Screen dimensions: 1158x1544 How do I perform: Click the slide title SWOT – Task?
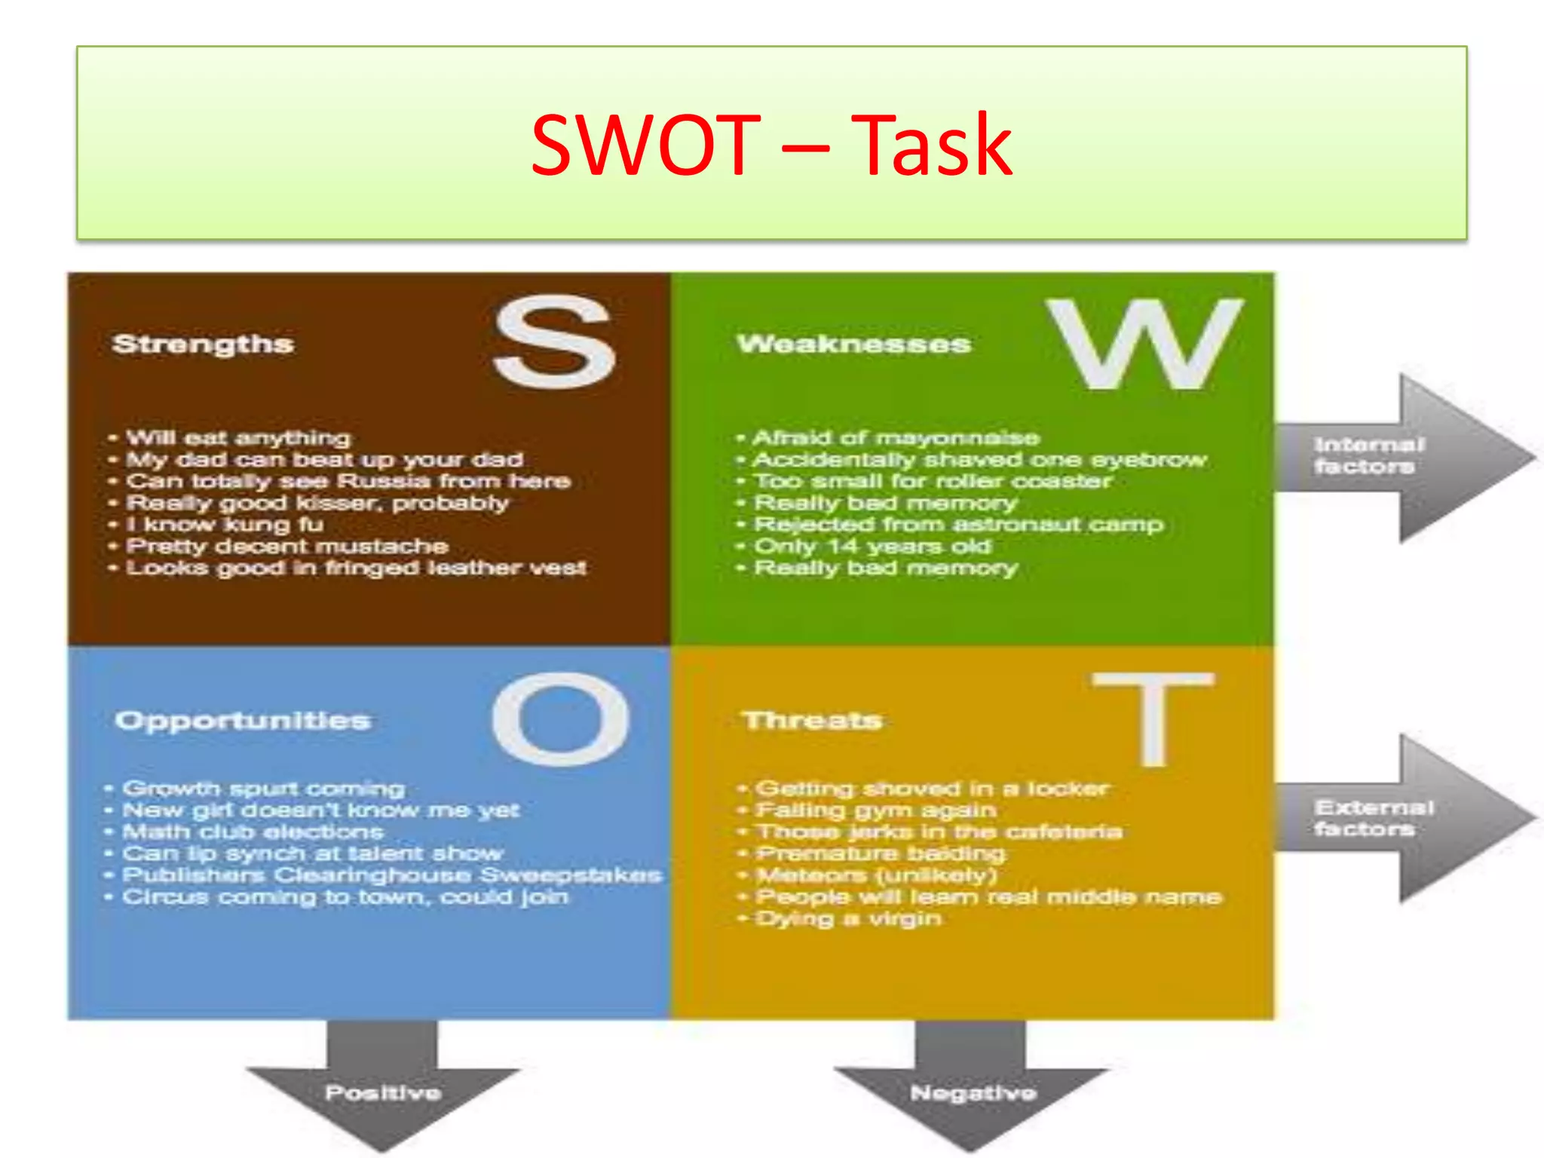(x=771, y=145)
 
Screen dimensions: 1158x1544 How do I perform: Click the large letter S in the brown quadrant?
(x=554, y=342)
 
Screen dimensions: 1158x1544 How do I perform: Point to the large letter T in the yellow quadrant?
(x=1153, y=718)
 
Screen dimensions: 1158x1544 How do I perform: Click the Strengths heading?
(x=203, y=345)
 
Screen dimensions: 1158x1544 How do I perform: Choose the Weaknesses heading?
(x=854, y=345)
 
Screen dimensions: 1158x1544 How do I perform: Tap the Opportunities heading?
(x=243, y=721)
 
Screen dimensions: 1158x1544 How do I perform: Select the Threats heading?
(x=813, y=721)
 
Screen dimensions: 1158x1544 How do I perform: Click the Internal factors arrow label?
(x=1368, y=455)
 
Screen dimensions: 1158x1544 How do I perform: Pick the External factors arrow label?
(x=1373, y=818)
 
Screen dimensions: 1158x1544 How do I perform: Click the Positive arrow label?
(x=383, y=1092)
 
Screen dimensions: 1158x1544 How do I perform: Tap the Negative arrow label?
(x=973, y=1092)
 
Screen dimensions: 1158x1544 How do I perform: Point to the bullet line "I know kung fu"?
(x=225, y=525)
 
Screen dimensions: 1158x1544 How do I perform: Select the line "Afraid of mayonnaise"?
(x=896, y=438)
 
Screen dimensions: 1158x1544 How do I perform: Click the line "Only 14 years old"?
(x=872, y=547)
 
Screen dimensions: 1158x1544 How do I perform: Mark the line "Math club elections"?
(x=253, y=832)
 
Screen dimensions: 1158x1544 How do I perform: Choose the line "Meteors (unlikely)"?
(x=876, y=876)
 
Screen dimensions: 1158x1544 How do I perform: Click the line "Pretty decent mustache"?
(x=287, y=547)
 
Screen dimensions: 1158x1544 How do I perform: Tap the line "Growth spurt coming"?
(x=263, y=789)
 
